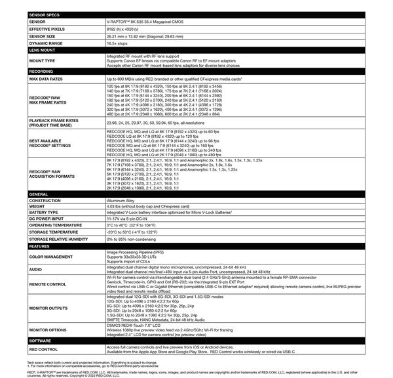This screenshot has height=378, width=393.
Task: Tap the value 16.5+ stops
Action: pyautogui.click(x=119, y=43)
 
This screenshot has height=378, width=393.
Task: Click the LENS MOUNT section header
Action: pyautogui.click(x=42, y=50)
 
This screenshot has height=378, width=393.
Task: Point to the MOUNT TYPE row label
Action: pyautogui.click(x=42, y=60)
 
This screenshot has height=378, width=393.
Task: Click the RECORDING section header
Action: pyautogui.click(x=41, y=71)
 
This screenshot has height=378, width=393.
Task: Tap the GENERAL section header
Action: pyautogui.click(x=39, y=194)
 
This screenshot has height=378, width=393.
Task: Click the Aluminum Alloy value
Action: pyautogui.click(x=120, y=201)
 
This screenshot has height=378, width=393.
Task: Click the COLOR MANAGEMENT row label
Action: pyautogui.click(x=51, y=257)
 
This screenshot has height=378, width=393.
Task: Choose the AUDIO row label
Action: pyautogui.click(x=36, y=270)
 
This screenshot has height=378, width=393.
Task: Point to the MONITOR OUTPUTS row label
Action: pyautogui.click(x=49, y=307)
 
